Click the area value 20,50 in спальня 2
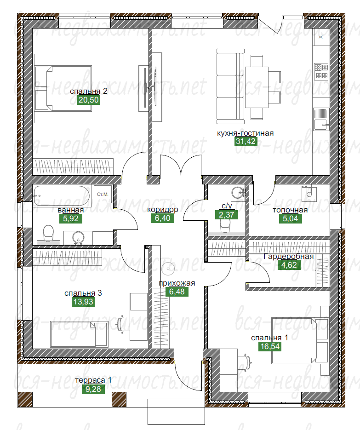(x=88, y=100)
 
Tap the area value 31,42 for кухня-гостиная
(x=246, y=142)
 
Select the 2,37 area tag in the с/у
(x=227, y=215)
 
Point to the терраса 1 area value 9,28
(x=93, y=389)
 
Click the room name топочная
(x=290, y=210)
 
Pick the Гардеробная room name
(x=288, y=257)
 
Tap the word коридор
(x=163, y=210)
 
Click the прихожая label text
(x=177, y=283)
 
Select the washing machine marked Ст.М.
(x=103, y=194)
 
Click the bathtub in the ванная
(x=62, y=196)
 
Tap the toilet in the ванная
(x=49, y=235)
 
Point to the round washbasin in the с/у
(x=238, y=192)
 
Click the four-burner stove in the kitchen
(x=321, y=71)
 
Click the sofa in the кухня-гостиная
(x=230, y=86)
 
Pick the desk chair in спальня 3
(x=122, y=324)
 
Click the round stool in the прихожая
(x=168, y=269)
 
